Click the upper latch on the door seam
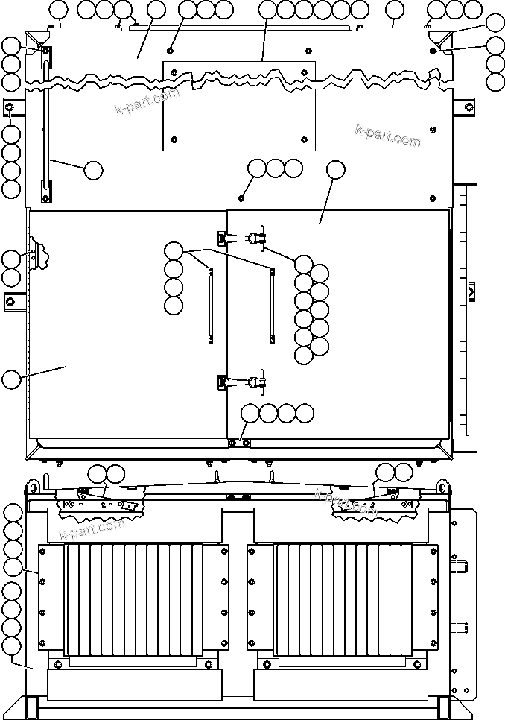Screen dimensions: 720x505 (242, 238)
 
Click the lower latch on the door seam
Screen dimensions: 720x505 (242, 382)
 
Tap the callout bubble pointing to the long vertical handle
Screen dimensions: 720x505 (93, 170)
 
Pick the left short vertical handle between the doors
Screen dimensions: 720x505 (211, 305)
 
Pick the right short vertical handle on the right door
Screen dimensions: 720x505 (272, 305)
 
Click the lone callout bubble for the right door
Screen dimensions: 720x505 (336, 169)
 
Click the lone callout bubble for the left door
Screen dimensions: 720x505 (10, 379)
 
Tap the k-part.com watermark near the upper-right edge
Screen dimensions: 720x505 (387, 135)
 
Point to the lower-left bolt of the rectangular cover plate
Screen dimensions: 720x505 (174, 139)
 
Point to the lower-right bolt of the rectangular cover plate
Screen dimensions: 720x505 (305, 139)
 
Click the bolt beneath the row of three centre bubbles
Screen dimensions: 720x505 (241, 198)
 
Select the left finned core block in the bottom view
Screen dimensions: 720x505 (134, 601)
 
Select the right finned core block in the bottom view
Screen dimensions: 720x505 (343, 601)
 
